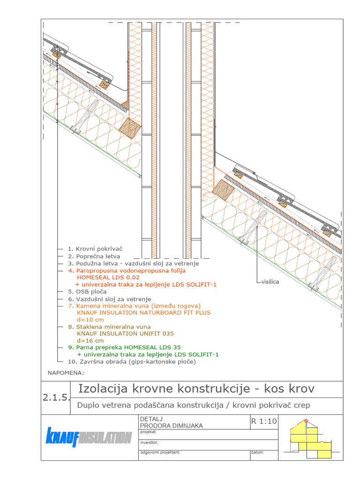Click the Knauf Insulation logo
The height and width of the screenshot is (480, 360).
pos(89,437)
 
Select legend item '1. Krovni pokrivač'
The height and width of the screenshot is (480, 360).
pos(95,249)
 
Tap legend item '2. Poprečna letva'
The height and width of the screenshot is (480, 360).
pos(94,256)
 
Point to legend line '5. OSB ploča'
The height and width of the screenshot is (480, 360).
pos(87,291)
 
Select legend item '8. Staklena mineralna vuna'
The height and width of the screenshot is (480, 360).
pos(109,326)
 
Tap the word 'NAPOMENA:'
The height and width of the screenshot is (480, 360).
pos(66,373)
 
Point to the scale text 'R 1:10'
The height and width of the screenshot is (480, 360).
pos(264,421)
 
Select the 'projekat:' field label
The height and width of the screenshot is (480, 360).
pos(150,432)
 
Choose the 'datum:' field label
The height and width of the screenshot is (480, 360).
pos(258,453)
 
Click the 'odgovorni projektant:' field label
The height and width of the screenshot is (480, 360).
pos(160,453)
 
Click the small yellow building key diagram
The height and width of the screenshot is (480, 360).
pos(310,438)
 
